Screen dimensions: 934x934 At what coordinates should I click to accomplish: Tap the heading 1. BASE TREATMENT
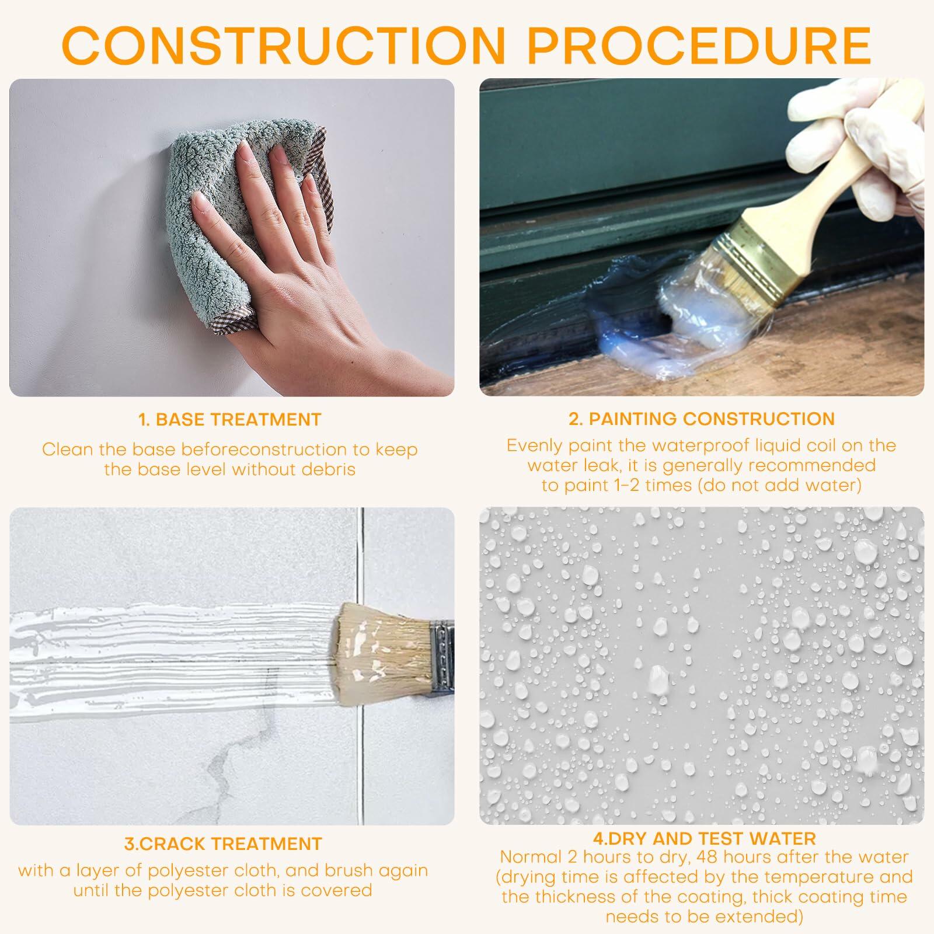coord(230,419)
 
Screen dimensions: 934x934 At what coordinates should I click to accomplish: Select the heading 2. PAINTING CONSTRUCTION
coord(702,419)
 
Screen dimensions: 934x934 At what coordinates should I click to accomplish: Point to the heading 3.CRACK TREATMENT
coord(223,844)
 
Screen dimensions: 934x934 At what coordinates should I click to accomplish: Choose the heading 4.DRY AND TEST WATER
coord(704,839)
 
